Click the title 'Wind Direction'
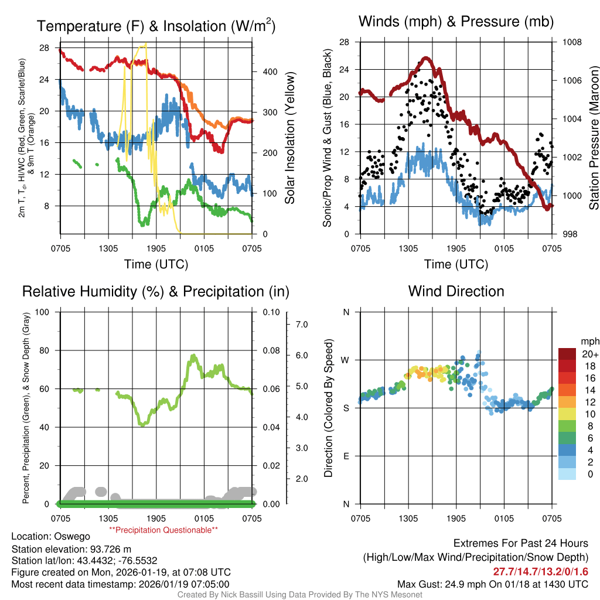pyautogui.click(x=456, y=291)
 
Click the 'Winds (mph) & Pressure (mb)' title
pyautogui.click(x=456, y=22)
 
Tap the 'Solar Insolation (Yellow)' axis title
pyautogui.click(x=290, y=138)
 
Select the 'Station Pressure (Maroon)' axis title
pyautogui.click(x=594, y=138)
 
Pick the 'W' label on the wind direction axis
pyautogui.click(x=345, y=360)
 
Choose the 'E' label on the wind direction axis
pyautogui.click(x=346, y=456)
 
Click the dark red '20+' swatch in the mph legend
pyautogui.click(x=568, y=354)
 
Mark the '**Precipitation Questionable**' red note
pyautogui.click(x=163, y=530)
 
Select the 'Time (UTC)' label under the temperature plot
pyautogui.click(x=156, y=264)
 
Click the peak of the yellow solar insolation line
pyautogui.click(x=145, y=44)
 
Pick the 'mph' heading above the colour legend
pyautogui.click(x=588, y=341)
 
